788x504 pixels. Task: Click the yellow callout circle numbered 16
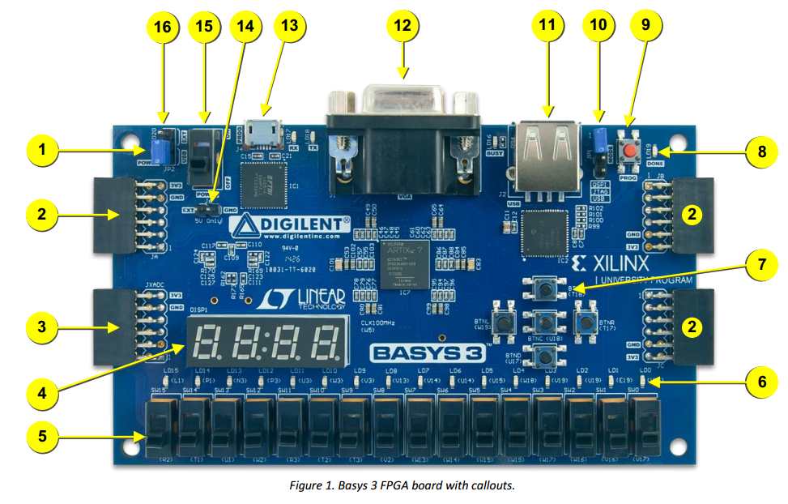pos(163,27)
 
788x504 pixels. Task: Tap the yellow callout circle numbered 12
pos(403,28)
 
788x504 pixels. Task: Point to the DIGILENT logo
pos(289,223)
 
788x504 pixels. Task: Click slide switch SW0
pos(646,426)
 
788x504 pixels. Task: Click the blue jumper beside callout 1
pos(161,148)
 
